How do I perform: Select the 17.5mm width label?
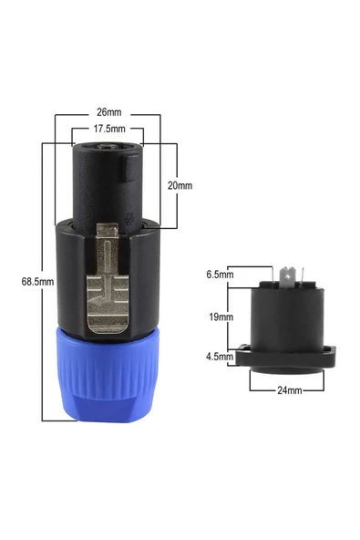[x=108, y=130]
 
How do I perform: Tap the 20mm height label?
[x=180, y=185]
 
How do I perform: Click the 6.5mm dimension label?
[x=220, y=273]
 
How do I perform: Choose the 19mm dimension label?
[x=220, y=317]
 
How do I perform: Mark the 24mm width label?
[x=289, y=389]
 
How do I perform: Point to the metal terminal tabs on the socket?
[x=289, y=273]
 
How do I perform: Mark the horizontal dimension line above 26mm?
[x=108, y=114]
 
